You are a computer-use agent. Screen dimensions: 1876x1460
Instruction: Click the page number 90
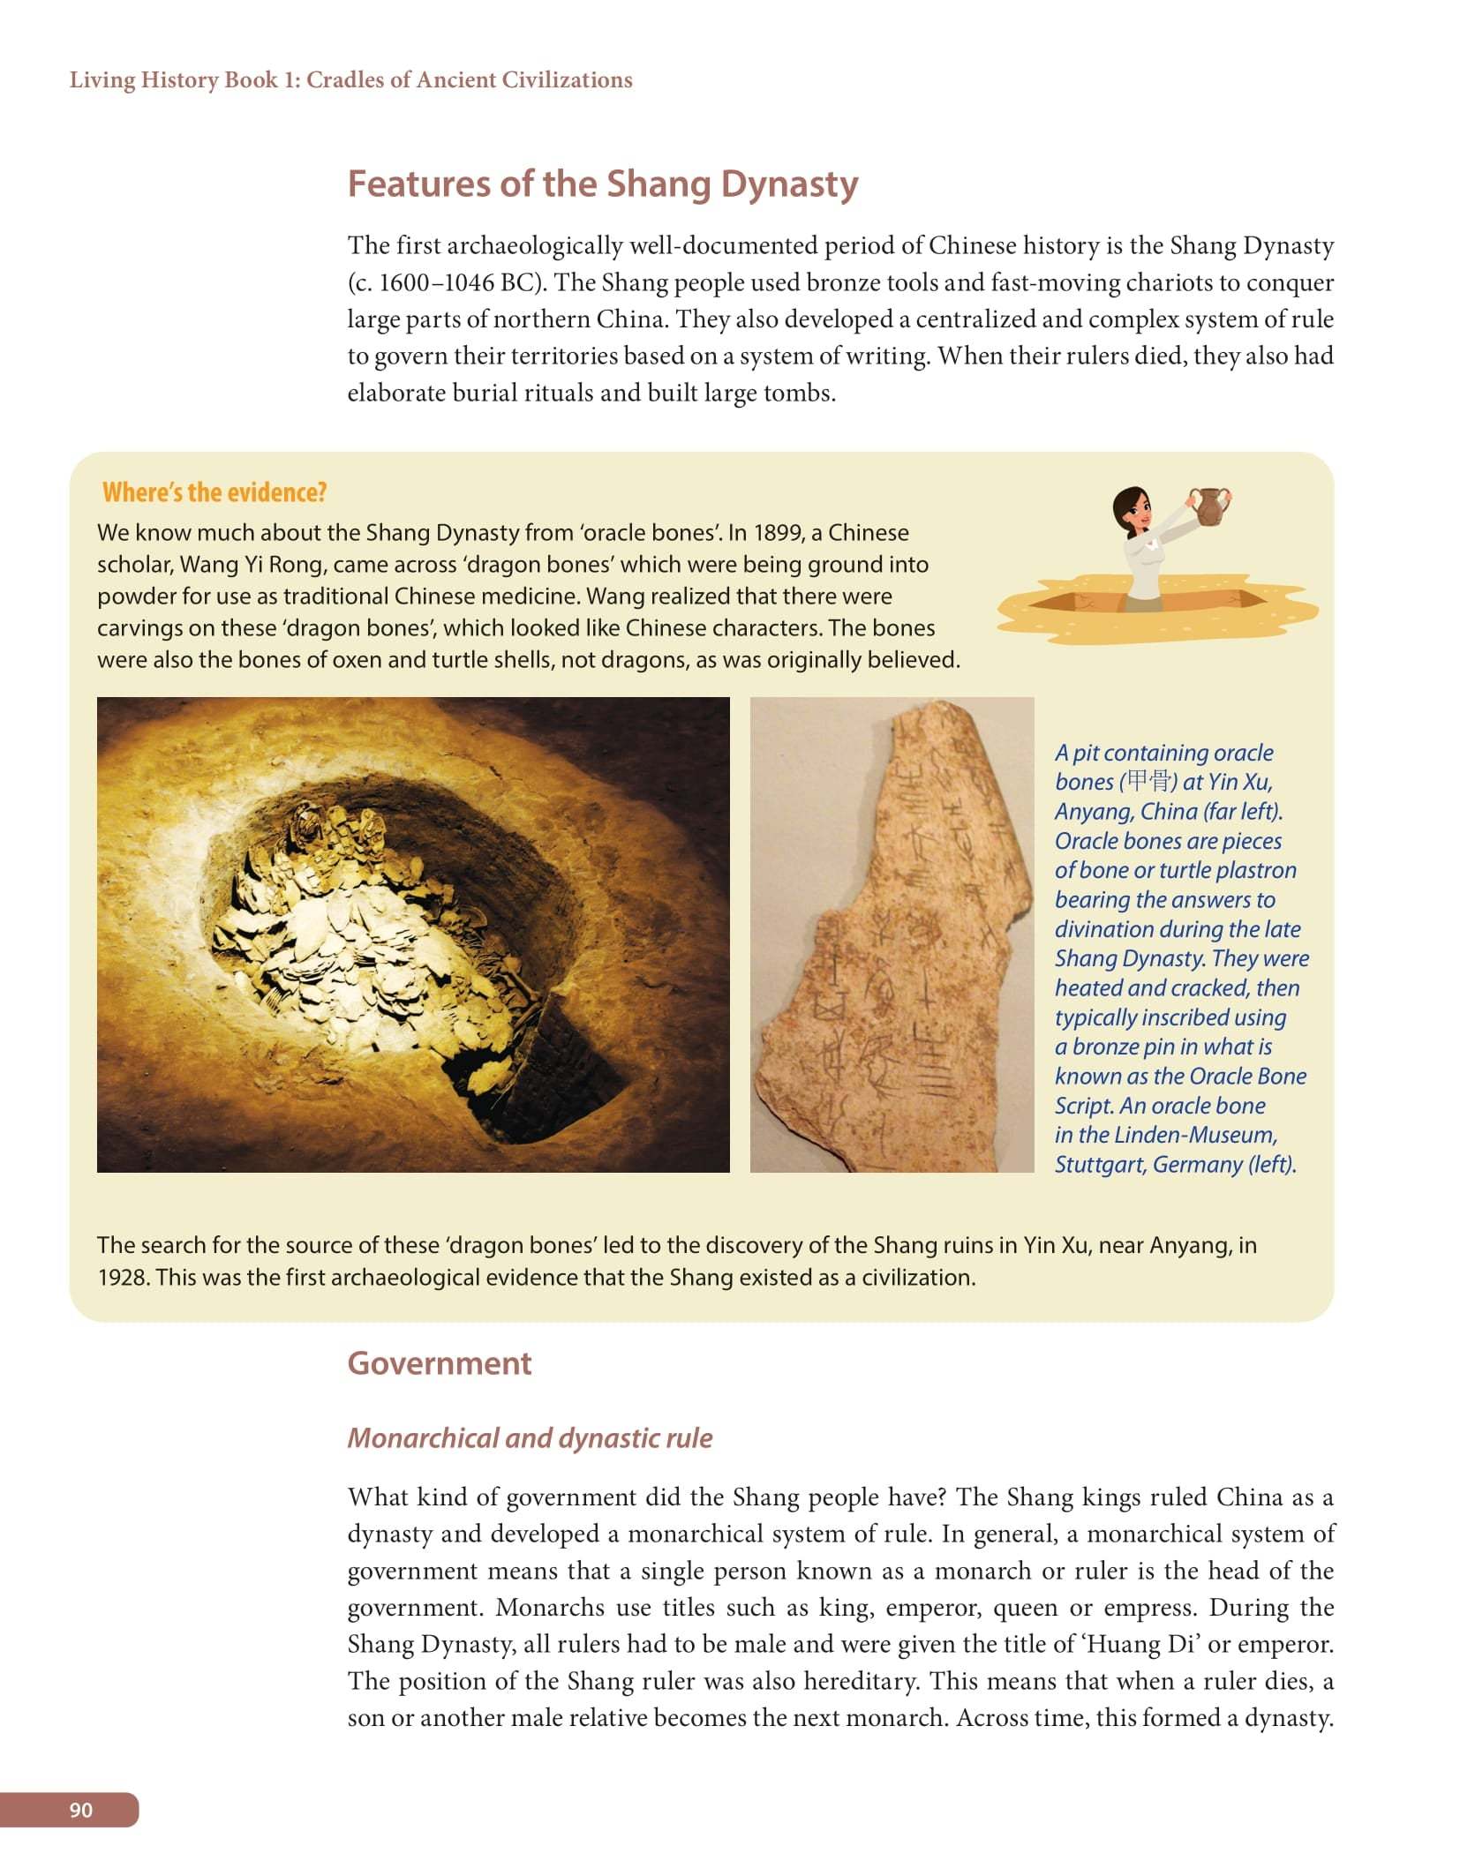point(80,1810)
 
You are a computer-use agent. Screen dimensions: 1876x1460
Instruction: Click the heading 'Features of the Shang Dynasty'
point(602,184)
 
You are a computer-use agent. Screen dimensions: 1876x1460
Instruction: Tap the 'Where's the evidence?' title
point(214,492)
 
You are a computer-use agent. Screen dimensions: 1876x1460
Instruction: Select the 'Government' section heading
point(439,1363)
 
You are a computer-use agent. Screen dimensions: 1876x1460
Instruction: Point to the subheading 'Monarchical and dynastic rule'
point(530,1438)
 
